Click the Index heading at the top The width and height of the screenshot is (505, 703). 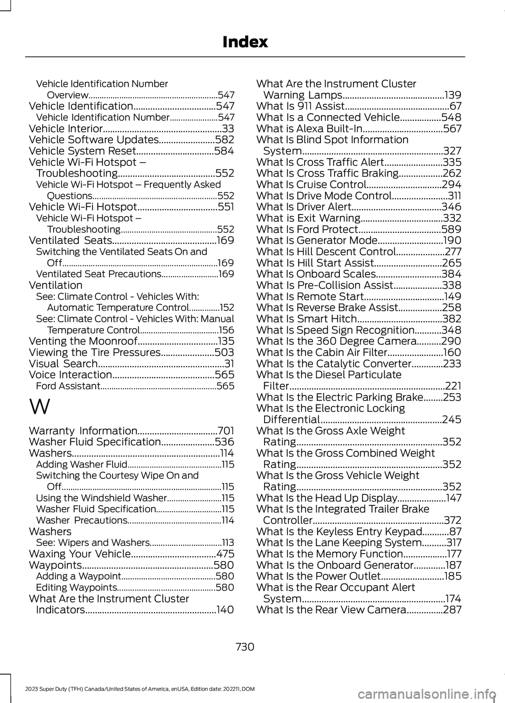pyautogui.click(x=245, y=42)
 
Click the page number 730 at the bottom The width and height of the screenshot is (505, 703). pyautogui.click(x=245, y=647)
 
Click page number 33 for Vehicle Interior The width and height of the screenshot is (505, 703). pyautogui.click(x=228, y=128)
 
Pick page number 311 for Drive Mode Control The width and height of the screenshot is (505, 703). pyautogui.click(x=454, y=196)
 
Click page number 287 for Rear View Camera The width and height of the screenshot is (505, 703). pyautogui.click(x=452, y=610)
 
